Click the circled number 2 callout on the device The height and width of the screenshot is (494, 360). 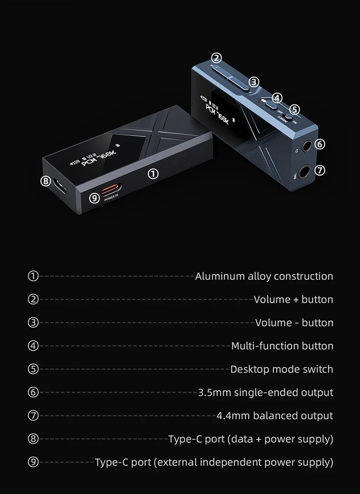pyautogui.click(x=216, y=58)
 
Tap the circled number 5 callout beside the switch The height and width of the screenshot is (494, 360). pyautogui.click(x=294, y=109)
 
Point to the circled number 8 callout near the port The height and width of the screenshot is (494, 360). pyautogui.click(x=45, y=181)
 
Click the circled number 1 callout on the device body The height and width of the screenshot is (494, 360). pyautogui.click(x=154, y=173)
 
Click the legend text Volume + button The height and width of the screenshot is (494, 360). pyautogui.click(x=293, y=300)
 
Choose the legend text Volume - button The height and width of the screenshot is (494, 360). pyautogui.click(x=294, y=323)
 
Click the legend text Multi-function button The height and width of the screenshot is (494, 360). pyautogui.click(x=282, y=346)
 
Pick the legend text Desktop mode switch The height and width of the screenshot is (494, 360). pyautogui.click(x=282, y=369)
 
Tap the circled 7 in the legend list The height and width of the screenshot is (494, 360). pyautogui.click(x=33, y=416)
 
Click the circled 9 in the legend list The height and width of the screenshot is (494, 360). pyautogui.click(x=33, y=462)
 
